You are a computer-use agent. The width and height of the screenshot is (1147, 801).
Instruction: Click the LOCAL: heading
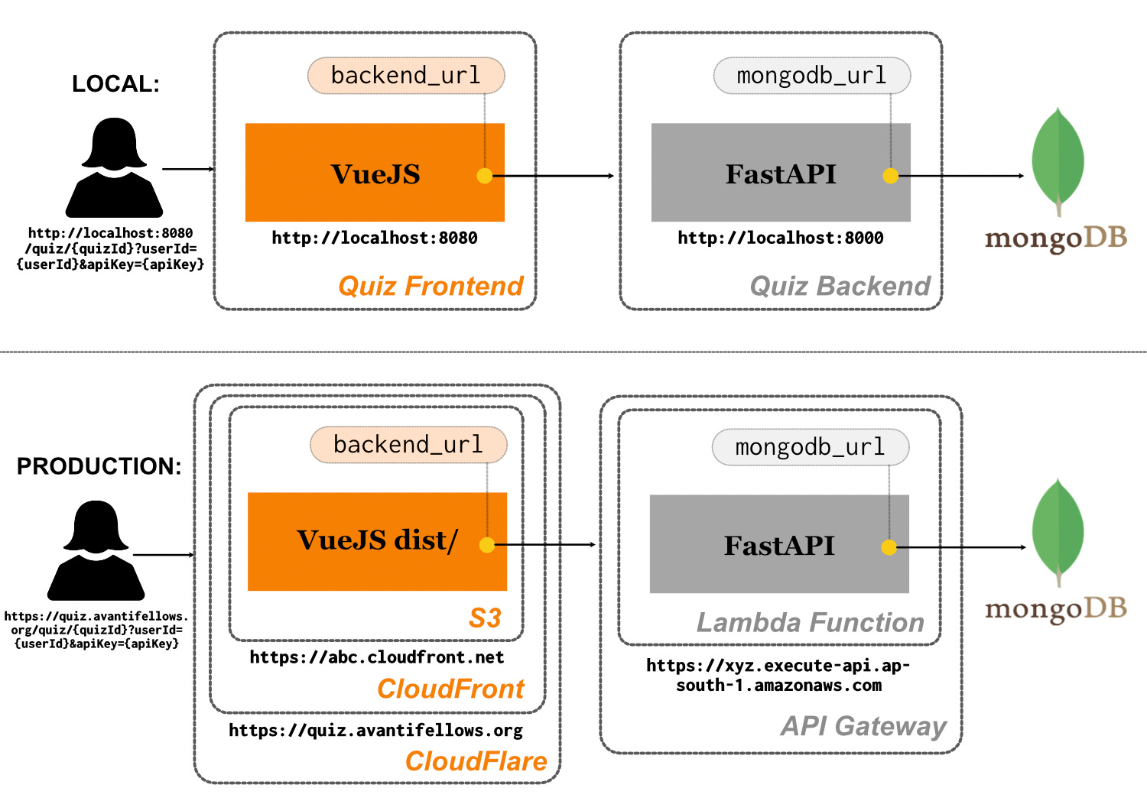tap(115, 84)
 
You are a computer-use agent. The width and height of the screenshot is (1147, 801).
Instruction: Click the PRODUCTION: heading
tap(99, 466)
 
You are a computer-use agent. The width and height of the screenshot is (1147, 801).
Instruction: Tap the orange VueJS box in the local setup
tap(375, 173)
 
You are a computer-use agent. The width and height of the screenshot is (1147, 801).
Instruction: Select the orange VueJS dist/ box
tap(377, 541)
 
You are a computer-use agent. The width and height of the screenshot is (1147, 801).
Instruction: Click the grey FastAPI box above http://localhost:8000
tap(781, 173)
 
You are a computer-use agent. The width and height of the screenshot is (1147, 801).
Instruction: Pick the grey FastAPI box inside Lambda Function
tap(779, 544)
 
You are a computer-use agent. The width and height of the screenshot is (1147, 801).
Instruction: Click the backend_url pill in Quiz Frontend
tap(406, 76)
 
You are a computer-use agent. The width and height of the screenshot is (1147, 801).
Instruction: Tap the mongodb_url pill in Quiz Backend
tap(812, 76)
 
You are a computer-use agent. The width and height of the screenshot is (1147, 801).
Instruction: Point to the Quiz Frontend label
tap(431, 286)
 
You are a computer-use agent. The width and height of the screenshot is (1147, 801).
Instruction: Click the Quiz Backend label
tap(840, 286)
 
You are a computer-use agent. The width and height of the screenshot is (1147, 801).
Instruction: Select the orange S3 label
tap(485, 618)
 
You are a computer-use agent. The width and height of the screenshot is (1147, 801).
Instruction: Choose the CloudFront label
tap(450, 689)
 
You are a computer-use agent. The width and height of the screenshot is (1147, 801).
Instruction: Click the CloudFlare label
tap(476, 761)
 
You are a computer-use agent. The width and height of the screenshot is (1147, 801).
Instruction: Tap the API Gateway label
tap(863, 725)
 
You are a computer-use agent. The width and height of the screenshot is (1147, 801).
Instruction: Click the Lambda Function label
tap(811, 623)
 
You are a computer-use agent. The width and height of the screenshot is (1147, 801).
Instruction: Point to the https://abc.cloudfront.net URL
tap(377, 657)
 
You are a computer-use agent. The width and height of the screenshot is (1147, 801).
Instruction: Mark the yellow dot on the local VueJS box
tap(484, 176)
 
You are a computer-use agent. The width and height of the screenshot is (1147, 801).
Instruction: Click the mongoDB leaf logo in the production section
tap(1058, 532)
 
